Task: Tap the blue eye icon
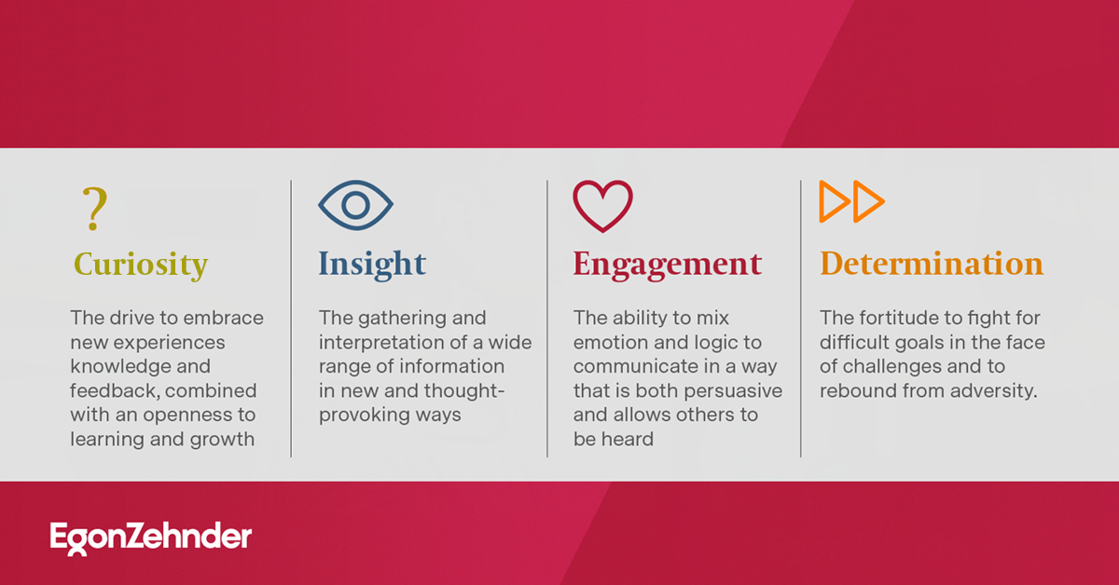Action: tap(355, 206)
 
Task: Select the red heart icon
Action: tap(602, 206)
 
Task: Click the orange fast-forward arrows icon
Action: tap(851, 202)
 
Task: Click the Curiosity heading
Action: tap(141, 265)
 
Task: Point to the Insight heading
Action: tap(372, 265)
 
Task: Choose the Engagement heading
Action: tap(667, 265)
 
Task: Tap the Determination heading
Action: tap(931, 265)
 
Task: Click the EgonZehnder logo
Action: tap(151, 537)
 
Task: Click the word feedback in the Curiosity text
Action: tap(114, 390)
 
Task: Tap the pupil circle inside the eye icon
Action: tap(355, 206)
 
